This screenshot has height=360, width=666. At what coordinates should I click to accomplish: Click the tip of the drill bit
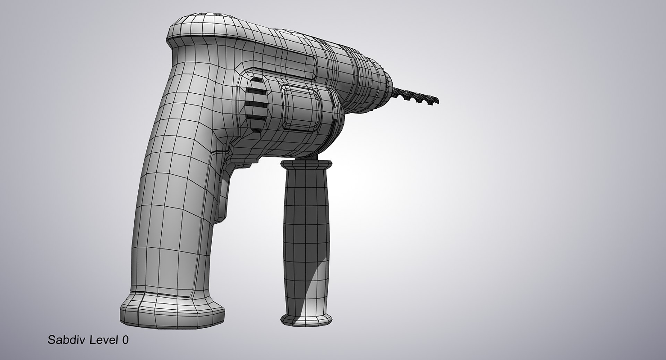pyautogui.click(x=437, y=101)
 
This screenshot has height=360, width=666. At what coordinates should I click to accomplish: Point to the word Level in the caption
pyautogui.click(x=104, y=340)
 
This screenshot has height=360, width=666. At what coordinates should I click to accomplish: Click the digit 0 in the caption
pyautogui.click(x=125, y=340)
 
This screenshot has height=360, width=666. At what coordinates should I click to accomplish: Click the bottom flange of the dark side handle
pyautogui.click(x=306, y=319)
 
